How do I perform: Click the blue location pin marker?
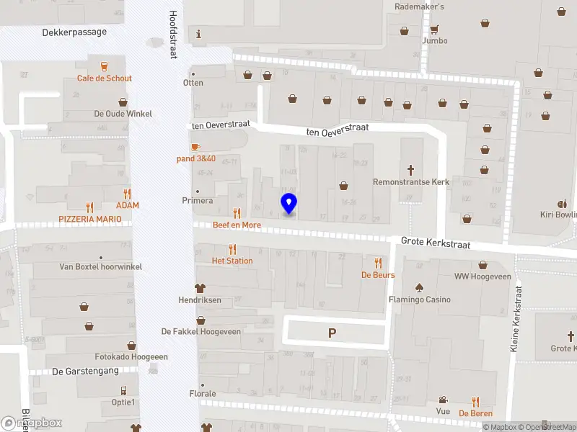[288, 204]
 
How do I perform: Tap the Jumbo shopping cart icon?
[434, 30]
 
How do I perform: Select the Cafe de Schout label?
[105, 78]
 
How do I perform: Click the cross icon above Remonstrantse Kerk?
[411, 170]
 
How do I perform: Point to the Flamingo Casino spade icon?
[419, 287]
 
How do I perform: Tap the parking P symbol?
[332, 333]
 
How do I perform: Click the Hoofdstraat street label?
[173, 34]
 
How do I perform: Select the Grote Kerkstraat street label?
[436, 244]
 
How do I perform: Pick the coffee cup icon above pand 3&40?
[196, 147]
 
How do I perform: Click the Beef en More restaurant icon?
[237, 213]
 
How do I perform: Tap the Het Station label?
[232, 261]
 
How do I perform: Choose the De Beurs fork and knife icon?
[378, 263]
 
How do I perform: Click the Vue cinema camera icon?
[442, 400]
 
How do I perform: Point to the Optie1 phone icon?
[124, 390]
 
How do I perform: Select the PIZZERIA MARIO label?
[90, 217]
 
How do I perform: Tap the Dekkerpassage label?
[74, 32]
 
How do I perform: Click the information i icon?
[199, 34]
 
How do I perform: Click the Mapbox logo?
[32, 423]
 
